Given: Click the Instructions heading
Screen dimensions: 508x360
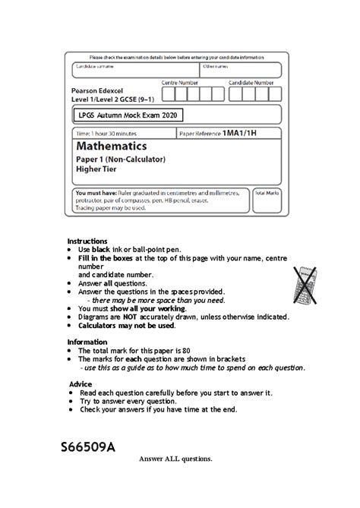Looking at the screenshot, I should [x=87, y=241].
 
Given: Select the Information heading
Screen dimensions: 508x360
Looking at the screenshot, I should [x=87, y=342].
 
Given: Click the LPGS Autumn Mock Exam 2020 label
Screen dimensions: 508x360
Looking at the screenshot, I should [x=128, y=115].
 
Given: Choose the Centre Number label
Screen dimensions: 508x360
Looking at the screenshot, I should [x=179, y=82].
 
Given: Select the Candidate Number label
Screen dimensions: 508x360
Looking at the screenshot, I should [x=251, y=82].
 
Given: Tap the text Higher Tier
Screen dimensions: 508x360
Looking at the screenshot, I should [x=96, y=170].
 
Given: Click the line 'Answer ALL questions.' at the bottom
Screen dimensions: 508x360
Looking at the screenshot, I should [x=175, y=459].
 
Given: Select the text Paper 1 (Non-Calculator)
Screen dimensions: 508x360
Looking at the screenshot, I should [x=120, y=159].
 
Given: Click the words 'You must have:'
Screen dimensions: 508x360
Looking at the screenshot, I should [x=95, y=194].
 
